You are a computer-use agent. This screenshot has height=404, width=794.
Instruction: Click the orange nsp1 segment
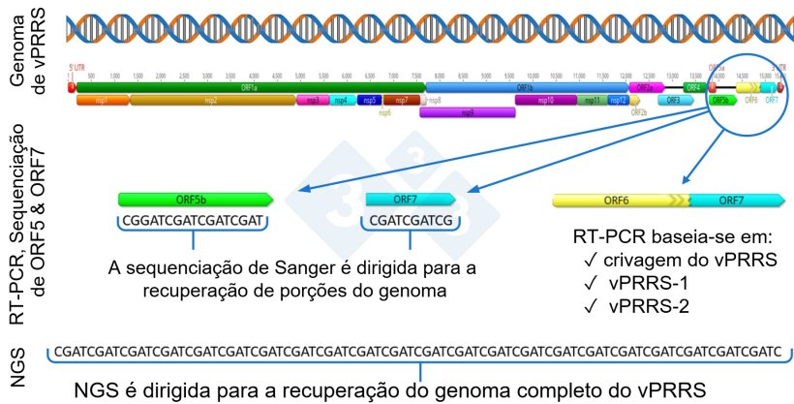pyautogui.click(x=102, y=100)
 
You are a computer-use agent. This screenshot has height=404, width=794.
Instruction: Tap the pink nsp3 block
pyautogui.click(x=312, y=100)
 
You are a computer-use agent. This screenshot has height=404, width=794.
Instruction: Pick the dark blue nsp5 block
pyautogui.click(x=368, y=100)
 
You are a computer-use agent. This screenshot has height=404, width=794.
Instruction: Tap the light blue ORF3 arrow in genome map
pyautogui.click(x=674, y=100)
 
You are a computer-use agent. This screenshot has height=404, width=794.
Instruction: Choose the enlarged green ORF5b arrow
pyautogui.click(x=195, y=199)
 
